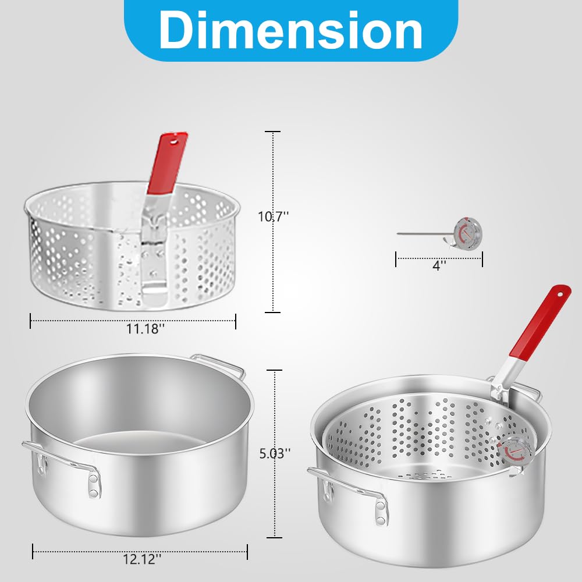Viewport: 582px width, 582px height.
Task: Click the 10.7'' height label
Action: tap(274, 217)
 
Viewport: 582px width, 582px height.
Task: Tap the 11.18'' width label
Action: tap(145, 329)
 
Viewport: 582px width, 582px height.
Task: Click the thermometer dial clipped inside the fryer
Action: tap(512, 454)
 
